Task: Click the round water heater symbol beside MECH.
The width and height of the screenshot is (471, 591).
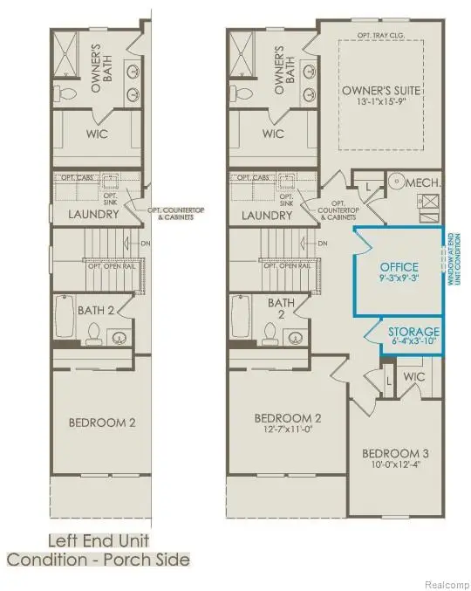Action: click(393, 183)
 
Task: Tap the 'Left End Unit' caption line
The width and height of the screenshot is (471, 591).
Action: click(97, 540)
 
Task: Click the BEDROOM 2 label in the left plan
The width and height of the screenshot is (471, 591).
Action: click(101, 423)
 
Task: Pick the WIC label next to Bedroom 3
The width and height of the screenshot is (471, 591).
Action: click(414, 376)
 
